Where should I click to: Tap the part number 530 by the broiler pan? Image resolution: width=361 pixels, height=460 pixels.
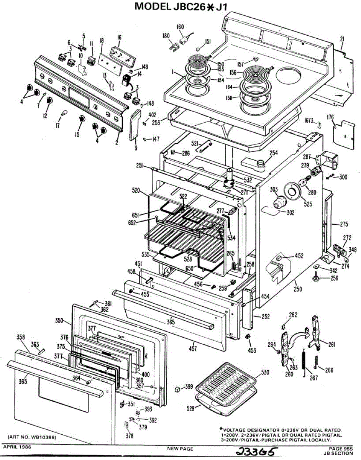coord(265,372)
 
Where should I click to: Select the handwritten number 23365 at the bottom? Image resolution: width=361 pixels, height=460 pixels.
coord(257,452)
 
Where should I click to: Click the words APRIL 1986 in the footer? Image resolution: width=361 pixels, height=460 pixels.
coord(17,447)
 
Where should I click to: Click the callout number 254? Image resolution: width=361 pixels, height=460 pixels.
coord(273,153)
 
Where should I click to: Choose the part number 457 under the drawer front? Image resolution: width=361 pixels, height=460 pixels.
coord(194,348)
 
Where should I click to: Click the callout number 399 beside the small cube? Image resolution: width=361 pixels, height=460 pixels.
coord(189,387)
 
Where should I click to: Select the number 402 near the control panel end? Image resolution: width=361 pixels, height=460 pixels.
coord(153,115)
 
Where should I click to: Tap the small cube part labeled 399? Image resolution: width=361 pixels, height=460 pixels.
coord(177,389)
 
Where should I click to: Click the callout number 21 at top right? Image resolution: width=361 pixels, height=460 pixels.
coord(342,38)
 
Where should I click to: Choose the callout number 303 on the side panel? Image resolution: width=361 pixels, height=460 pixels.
coord(274,189)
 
